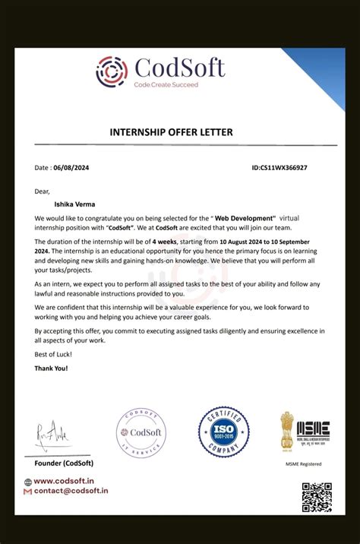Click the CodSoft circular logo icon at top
pyautogui.click(x=112, y=71)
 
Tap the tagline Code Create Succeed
pyautogui.click(x=166, y=85)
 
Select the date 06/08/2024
pyautogui.click(x=71, y=167)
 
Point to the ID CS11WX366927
pyautogui.click(x=279, y=167)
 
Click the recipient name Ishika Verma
pyautogui.click(x=75, y=204)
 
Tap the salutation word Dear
pyautogui.click(x=42, y=191)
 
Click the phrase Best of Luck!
pyautogui.click(x=53, y=356)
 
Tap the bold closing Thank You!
pyautogui.click(x=51, y=368)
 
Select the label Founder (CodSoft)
pyautogui.click(x=63, y=463)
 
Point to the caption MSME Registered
pyautogui.click(x=303, y=463)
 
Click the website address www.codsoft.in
pyautogui.click(x=64, y=481)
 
